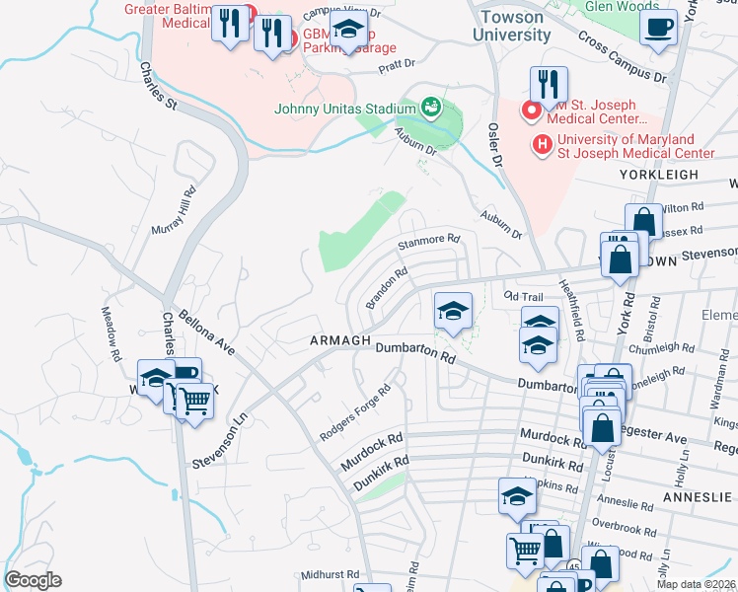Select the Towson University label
tap(512, 26)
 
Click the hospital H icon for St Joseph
tap(542, 146)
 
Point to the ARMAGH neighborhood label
tap(339, 340)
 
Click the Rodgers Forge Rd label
tap(355, 412)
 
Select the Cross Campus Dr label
tap(623, 56)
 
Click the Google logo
tap(33, 580)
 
